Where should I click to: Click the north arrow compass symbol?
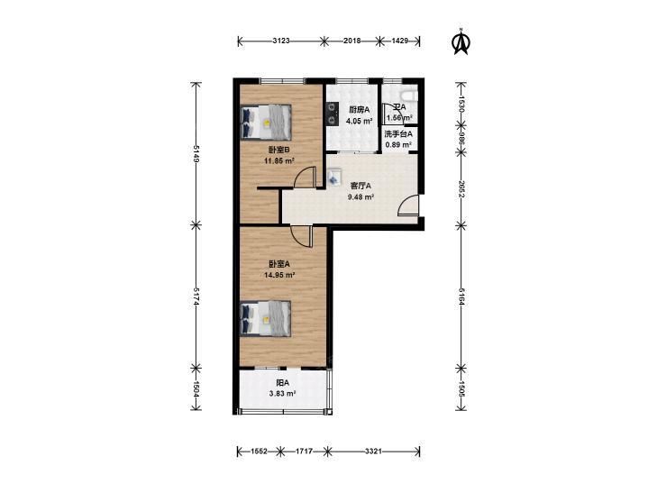(x=461, y=41)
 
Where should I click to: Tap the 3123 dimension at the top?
(x=281, y=41)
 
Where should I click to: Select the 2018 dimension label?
(x=352, y=41)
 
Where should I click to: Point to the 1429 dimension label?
(x=400, y=41)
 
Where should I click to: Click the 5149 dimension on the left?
(x=196, y=154)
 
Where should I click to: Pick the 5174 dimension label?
(x=196, y=297)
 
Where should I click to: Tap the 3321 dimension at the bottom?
(x=373, y=452)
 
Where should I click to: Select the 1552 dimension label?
(x=259, y=452)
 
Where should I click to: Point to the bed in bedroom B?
(x=266, y=122)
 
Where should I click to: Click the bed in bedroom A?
(x=266, y=318)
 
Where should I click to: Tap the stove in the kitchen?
(x=333, y=114)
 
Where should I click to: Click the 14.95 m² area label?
(x=279, y=275)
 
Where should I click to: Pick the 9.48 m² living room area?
(x=360, y=196)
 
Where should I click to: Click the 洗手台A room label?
(x=398, y=134)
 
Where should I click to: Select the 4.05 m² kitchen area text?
(x=359, y=121)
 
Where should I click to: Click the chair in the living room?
(x=334, y=177)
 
